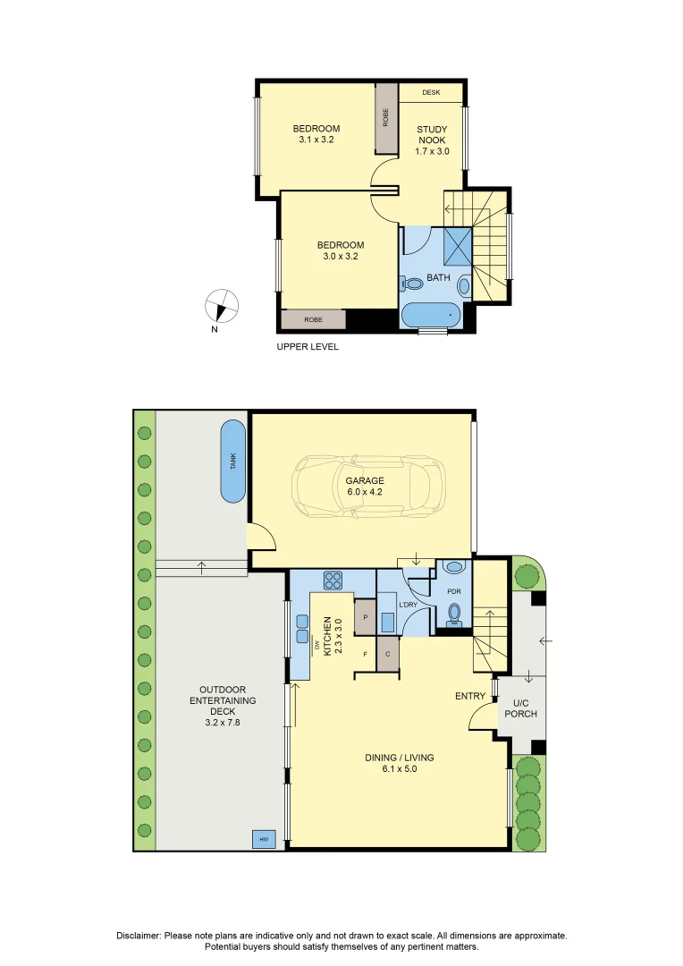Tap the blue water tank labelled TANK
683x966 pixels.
tap(234, 462)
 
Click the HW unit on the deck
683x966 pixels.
tap(265, 839)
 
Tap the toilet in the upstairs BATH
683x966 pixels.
tap(412, 284)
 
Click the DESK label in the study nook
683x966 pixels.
tap(431, 92)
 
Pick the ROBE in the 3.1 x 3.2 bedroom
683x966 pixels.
tap(386, 117)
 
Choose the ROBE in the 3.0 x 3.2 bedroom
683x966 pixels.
tap(313, 319)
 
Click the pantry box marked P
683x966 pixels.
tap(366, 617)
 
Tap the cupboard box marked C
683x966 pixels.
tap(388, 653)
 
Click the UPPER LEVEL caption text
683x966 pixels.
tap(308, 346)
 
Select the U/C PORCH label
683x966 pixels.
tap(520, 708)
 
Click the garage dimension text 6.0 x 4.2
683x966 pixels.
tap(365, 492)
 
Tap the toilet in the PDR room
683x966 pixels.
tap(455, 613)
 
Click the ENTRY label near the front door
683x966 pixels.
tap(470, 696)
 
